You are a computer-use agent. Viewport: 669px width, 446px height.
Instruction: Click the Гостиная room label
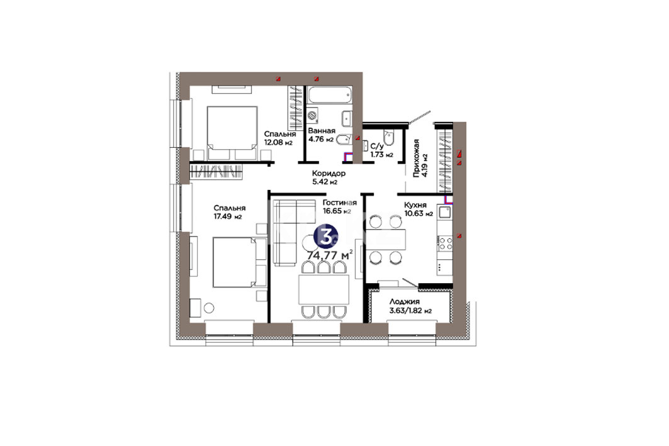click(340, 203)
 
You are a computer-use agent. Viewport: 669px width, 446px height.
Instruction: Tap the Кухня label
click(415, 205)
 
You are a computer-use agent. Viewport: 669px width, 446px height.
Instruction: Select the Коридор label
click(329, 174)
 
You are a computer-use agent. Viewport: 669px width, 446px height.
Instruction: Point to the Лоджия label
click(405, 302)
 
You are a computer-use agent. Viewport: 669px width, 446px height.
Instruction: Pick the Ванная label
click(322, 131)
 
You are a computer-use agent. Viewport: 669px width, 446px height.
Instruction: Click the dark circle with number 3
click(326, 237)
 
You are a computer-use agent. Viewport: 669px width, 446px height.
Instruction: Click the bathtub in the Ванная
click(330, 95)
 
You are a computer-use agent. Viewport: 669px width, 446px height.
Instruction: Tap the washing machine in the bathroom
click(313, 116)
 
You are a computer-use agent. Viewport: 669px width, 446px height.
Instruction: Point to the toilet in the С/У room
click(389, 136)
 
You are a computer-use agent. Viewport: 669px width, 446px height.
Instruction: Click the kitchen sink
click(445, 213)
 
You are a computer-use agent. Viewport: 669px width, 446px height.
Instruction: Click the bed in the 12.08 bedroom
click(232, 128)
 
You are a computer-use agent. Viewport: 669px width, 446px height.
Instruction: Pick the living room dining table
click(324, 289)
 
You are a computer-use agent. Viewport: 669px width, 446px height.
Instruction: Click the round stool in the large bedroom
click(209, 308)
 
